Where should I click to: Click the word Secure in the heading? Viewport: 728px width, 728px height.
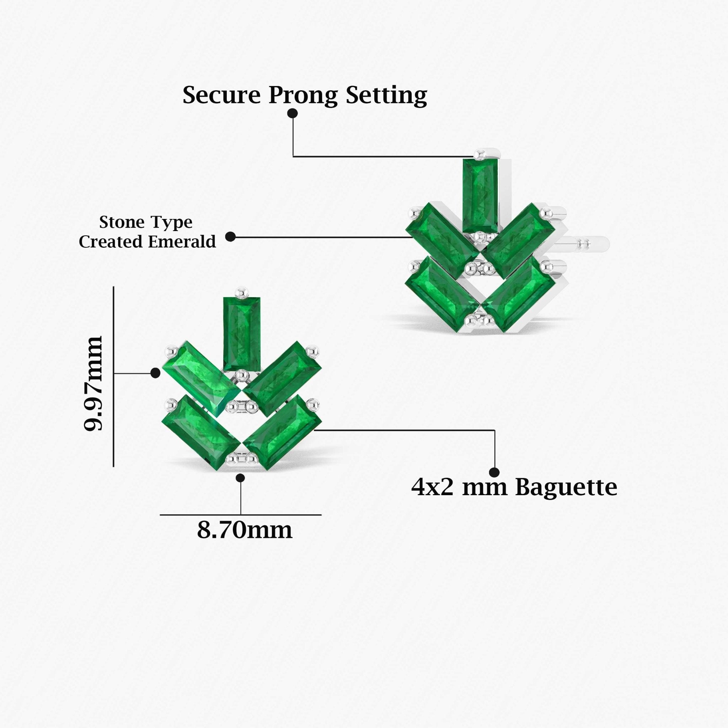pyautogui.click(x=221, y=95)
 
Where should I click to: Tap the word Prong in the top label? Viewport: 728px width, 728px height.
pyautogui.click(x=303, y=96)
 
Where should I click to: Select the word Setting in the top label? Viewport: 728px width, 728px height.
pyautogui.click(x=386, y=96)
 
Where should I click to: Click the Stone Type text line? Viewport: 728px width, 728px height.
pyautogui.click(x=146, y=222)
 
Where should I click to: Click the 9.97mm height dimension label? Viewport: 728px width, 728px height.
pyautogui.click(x=93, y=383)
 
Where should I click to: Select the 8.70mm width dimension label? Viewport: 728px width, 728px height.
pyautogui.click(x=245, y=531)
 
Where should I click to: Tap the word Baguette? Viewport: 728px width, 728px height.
pyautogui.click(x=566, y=487)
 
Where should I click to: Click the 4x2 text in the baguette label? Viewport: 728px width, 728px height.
pyautogui.click(x=432, y=487)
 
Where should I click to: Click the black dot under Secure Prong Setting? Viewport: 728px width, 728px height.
pyautogui.click(x=293, y=113)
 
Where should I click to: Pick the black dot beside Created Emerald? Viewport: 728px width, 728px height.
pyautogui.click(x=230, y=237)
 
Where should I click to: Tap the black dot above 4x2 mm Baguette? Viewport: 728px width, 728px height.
pyautogui.click(x=494, y=472)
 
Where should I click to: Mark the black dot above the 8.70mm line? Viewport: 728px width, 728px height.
pyautogui.click(x=240, y=478)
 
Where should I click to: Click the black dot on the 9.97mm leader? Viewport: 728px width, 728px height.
pyautogui.click(x=155, y=373)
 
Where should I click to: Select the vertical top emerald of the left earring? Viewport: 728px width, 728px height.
pyautogui.click(x=241, y=333)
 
